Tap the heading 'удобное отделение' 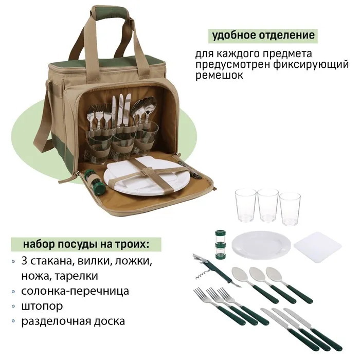(x=263, y=35)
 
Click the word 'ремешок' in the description (x=219, y=75)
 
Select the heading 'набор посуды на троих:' (x=86, y=244)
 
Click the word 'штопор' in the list (x=42, y=306)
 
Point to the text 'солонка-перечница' (x=75, y=291)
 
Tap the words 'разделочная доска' (x=73, y=321)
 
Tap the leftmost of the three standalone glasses (x=245, y=205)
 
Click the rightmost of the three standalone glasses (x=290, y=209)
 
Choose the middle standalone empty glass (x=268, y=206)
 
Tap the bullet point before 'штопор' (x=13, y=306)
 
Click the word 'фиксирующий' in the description (x=311, y=65)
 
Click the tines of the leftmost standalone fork (x=202, y=295)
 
